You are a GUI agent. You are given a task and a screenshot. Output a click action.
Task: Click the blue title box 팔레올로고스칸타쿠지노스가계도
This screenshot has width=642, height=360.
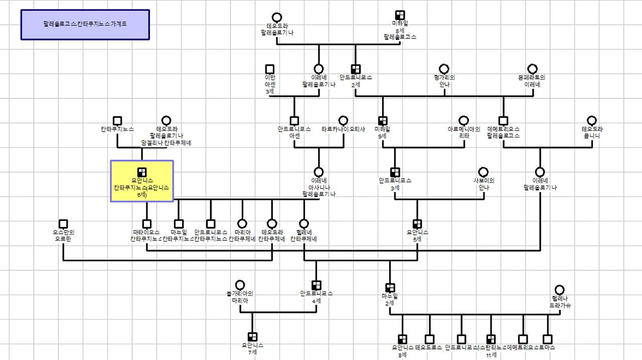point(85,24)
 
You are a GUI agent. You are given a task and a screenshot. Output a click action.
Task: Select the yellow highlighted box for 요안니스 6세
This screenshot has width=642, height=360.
point(142,181)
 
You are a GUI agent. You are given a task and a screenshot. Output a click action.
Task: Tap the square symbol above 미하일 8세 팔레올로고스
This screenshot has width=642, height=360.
point(400,15)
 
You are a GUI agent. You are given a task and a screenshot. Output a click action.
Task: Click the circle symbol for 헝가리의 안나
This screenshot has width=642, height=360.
point(444,69)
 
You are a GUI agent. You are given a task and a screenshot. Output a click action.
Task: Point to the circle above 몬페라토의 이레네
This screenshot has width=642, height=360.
point(532,69)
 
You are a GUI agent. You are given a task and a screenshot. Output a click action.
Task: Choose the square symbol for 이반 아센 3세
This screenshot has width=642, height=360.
point(270,69)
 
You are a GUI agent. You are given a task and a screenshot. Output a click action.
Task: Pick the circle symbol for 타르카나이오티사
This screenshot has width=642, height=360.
point(343,121)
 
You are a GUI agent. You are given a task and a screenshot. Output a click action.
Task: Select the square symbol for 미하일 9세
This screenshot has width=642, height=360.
point(383,121)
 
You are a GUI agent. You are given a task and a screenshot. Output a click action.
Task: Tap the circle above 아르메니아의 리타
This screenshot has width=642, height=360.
point(464,121)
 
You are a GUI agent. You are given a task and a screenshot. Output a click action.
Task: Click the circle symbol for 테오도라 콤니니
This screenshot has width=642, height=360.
point(592,121)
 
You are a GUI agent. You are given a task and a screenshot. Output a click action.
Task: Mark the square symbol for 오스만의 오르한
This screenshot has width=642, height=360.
point(63,224)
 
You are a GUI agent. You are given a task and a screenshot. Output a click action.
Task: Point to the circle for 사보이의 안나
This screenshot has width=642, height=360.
point(484,172)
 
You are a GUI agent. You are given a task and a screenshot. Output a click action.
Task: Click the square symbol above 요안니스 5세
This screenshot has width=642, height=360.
point(417,224)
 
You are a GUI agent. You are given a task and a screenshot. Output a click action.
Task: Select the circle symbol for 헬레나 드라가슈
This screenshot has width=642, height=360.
point(560,290)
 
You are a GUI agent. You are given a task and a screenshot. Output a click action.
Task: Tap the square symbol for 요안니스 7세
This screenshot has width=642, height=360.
point(252,337)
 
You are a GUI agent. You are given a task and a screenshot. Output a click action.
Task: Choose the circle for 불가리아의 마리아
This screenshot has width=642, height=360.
point(240,285)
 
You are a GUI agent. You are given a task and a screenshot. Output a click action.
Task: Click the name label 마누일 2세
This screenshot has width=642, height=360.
point(390,299)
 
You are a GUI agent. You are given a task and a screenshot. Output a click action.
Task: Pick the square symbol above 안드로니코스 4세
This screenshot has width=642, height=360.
point(316,285)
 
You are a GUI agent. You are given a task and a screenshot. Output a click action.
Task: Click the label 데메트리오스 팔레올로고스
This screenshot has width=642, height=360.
point(503,132)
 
